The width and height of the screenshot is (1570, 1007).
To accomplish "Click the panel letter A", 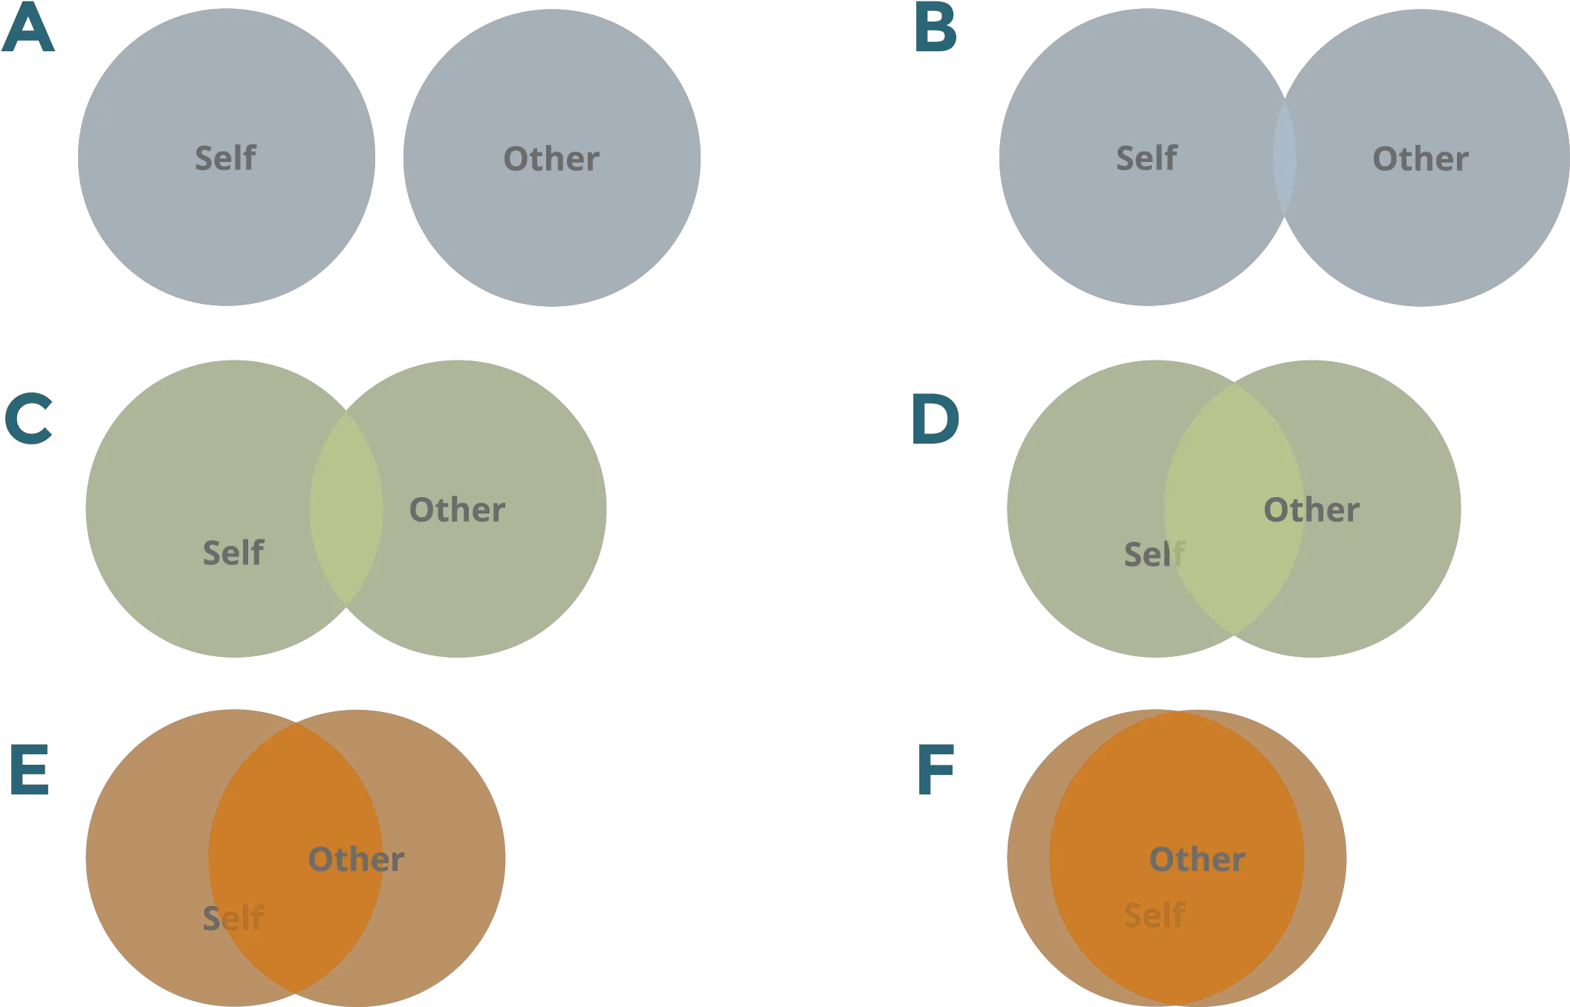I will [28, 30].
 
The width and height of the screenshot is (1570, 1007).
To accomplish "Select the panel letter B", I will [935, 30].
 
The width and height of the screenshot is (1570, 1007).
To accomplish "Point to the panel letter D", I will [934, 420].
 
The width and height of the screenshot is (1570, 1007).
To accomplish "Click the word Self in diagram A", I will [225, 158].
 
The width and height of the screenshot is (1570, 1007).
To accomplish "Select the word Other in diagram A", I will [551, 158].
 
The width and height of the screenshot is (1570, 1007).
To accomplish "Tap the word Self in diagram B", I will [1146, 158].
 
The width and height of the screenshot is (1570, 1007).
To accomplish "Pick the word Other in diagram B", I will [1420, 158].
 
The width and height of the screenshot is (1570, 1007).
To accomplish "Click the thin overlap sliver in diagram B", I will [1285, 158].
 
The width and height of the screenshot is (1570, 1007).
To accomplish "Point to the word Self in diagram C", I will [233, 552].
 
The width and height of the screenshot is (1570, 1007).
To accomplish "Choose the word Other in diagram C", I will [457, 510].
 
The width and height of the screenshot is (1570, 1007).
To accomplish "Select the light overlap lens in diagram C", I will [346, 510].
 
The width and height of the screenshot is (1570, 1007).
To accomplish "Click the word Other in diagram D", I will [1311, 510].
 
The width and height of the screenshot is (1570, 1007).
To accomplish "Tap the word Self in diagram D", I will [1152, 554].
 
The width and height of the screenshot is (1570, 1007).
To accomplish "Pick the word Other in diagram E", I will [356, 859].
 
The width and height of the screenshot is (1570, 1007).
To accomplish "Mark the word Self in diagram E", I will [233, 918].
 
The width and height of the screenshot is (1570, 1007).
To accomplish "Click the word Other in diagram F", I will [1197, 859].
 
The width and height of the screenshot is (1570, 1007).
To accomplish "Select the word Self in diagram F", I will [1154, 915].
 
